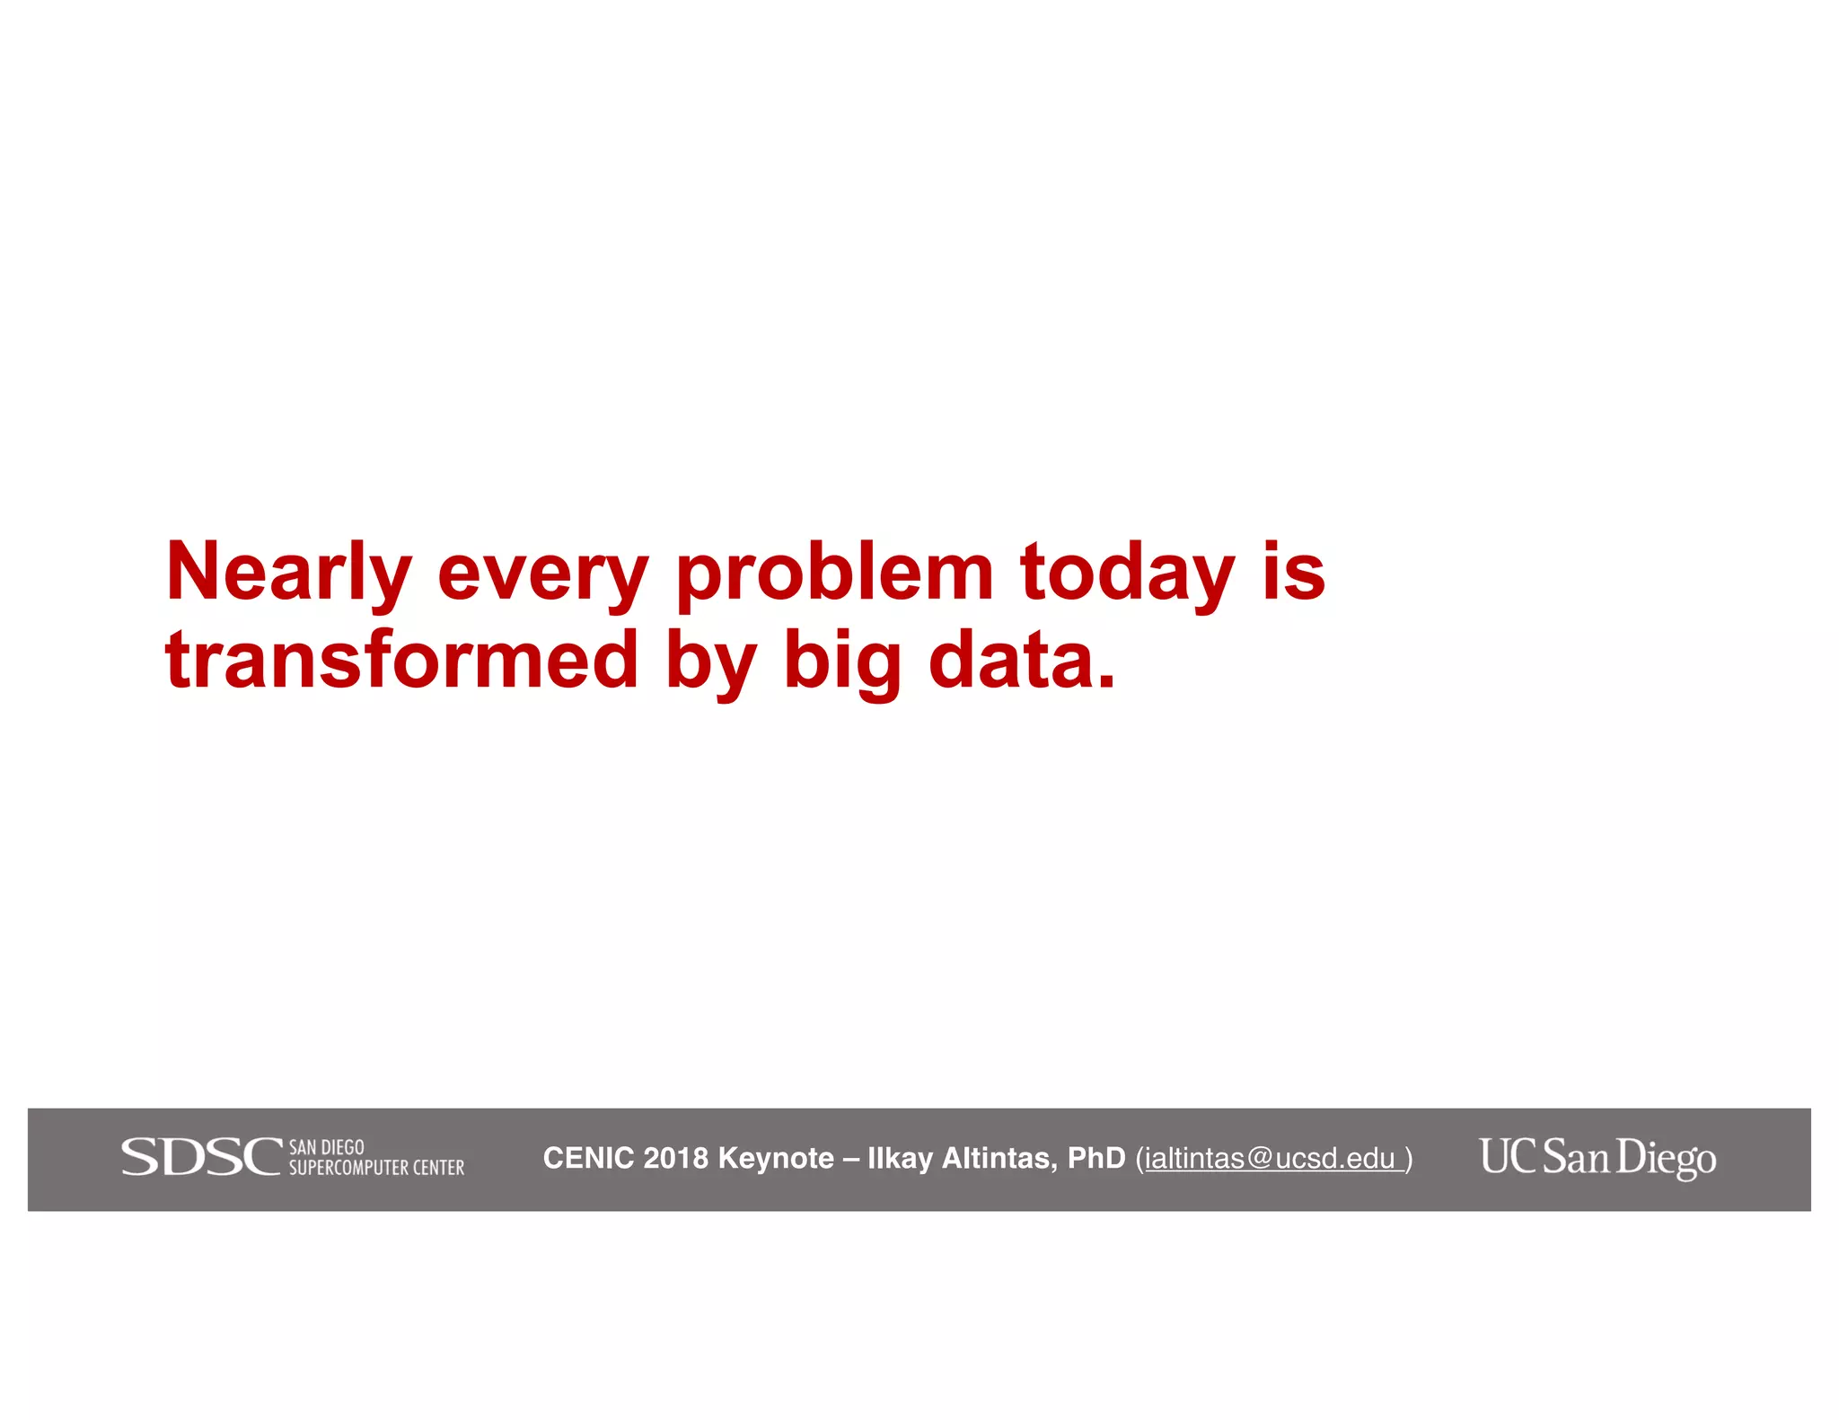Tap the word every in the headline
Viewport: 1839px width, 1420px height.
(x=542, y=574)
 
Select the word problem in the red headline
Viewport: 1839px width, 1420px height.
(x=834, y=574)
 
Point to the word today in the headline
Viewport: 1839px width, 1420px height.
(x=1128, y=574)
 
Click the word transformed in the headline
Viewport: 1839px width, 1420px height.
(x=401, y=661)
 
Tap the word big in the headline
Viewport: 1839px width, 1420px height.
(x=841, y=664)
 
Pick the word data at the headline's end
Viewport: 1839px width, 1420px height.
(x=1021, y=661)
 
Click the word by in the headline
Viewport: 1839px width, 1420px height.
(x=710, y=664)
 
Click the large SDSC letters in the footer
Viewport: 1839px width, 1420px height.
(x=202, y=1157)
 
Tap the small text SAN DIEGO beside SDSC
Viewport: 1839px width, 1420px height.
(x=326, y=1147)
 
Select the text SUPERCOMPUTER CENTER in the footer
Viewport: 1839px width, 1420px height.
(x=376, y=1168)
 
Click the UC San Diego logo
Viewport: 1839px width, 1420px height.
(x=1597, y=1158)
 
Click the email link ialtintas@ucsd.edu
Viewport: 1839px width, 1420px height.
(x=1270, y=1159)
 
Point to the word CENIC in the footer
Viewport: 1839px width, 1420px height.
(x=588, y=1158)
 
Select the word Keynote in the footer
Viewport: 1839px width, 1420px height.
(x=776, y=1158)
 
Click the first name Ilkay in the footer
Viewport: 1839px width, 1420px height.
(x=901, y=1158)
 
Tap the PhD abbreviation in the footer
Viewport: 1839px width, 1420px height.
(x=1096, y=1158)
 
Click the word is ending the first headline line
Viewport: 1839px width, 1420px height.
(x=1294, y=573)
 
